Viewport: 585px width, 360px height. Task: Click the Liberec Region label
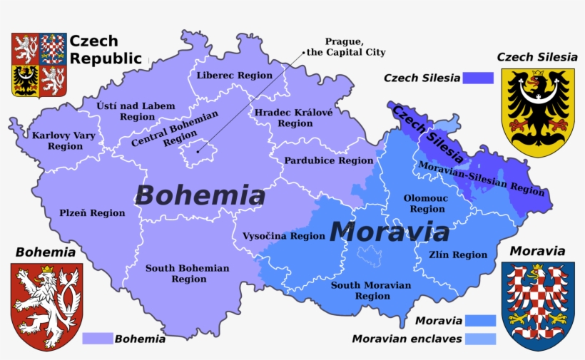(234, 75)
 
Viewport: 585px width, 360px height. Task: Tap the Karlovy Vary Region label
(56, 140)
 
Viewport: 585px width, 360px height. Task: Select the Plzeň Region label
(92, 212)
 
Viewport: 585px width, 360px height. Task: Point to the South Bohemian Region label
(187, 274)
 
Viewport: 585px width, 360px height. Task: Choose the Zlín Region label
(458, 254)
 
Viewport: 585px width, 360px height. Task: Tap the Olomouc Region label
(427, 204)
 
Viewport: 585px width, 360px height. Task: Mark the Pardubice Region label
(328, 160)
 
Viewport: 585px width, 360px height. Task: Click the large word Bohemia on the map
(200, 195)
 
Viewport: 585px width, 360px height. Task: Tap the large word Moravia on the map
(390, 232)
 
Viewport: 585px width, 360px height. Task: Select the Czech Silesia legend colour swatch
(479, 78)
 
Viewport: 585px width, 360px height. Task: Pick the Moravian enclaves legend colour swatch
(480, 339)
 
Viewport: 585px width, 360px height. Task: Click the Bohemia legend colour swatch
(97, 339)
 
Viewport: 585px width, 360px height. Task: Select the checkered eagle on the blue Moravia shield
(538, 303)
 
